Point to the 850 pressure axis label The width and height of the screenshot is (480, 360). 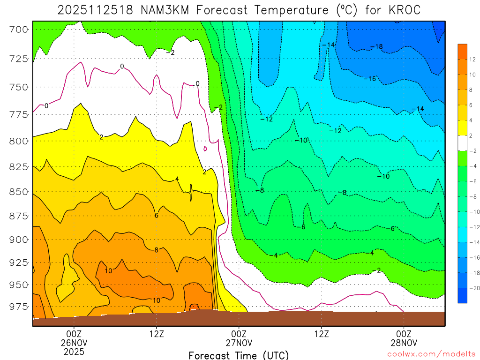19,192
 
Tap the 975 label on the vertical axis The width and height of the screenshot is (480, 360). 19,306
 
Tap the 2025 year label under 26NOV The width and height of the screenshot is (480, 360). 74,351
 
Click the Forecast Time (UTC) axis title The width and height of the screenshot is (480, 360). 239,355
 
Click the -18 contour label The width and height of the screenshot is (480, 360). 376,46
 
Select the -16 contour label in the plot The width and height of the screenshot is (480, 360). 370,79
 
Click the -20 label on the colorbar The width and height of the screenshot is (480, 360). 473,288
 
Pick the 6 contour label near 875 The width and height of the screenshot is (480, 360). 157,216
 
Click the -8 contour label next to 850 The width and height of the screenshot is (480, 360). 260,190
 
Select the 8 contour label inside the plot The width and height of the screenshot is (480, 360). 157,250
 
